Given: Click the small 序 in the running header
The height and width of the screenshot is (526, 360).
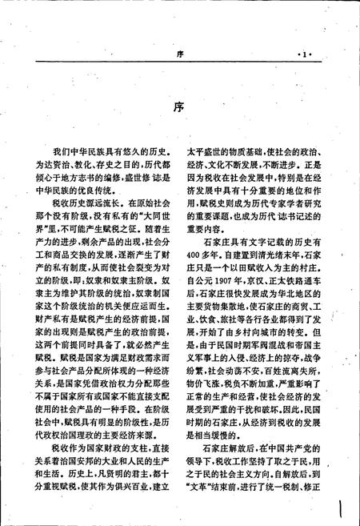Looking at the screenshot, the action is point(179,54).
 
